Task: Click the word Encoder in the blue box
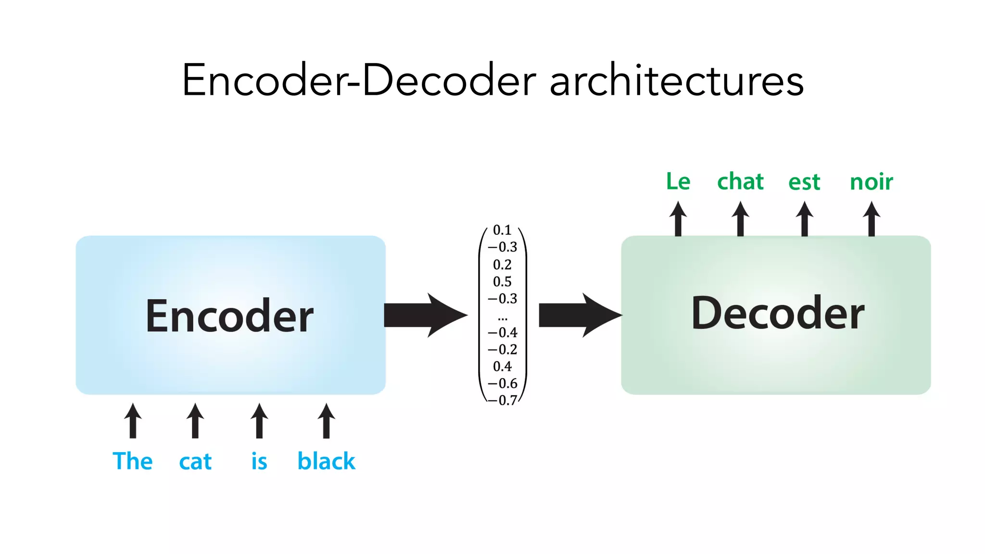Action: point(229,316)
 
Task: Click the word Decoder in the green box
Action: point(777,314)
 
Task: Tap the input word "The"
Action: point(133,461)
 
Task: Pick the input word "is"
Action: point(259,461)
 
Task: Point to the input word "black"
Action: point(326,461)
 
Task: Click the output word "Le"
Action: point(678,182)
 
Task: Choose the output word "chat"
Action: point(740,182)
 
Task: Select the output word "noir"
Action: point(871,182)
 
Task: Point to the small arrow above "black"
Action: point(326,421)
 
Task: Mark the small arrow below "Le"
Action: point(678,219)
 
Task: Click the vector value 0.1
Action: point(502,230)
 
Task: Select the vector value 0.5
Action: point(502,281)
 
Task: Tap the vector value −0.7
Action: point(503,400)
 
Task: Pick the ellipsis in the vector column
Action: point(503,318)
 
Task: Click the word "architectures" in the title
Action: point(676,81)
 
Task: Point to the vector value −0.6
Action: point(503,383)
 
